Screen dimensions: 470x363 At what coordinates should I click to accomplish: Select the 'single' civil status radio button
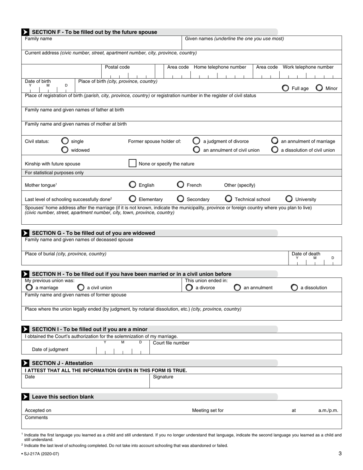pos(65,141)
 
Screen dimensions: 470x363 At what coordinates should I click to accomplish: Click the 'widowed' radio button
pos(65,150)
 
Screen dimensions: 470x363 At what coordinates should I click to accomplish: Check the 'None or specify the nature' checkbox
pos(132,164)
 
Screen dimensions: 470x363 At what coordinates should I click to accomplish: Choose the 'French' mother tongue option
pos(181,185)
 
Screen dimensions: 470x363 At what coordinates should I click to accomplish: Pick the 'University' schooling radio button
pos(289,199)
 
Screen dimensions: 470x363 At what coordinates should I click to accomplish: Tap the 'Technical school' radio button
pos(228,199)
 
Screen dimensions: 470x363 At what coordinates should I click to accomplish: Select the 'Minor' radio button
pos(319,88)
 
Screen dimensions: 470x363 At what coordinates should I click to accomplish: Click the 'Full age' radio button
pos(285,88)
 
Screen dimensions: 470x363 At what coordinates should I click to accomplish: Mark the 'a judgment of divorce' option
pos(196,141)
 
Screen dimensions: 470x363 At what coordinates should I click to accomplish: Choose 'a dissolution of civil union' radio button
pos(275,150)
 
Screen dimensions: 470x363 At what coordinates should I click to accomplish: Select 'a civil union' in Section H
pos(81,287)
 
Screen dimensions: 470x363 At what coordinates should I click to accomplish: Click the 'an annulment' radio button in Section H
pos(237,287)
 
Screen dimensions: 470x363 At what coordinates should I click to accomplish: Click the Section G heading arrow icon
pos(25,233)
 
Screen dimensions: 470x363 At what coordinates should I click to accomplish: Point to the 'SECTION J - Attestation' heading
pos(62,363)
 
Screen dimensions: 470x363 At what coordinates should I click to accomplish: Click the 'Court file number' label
pos(171,343)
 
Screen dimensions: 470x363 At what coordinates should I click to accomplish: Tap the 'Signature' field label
pos(163,377)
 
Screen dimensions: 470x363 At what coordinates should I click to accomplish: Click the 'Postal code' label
pos(117,67)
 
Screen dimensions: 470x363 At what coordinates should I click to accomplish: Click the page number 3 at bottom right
pos(340,454)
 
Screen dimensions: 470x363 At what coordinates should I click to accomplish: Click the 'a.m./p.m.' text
pos(328,410)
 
